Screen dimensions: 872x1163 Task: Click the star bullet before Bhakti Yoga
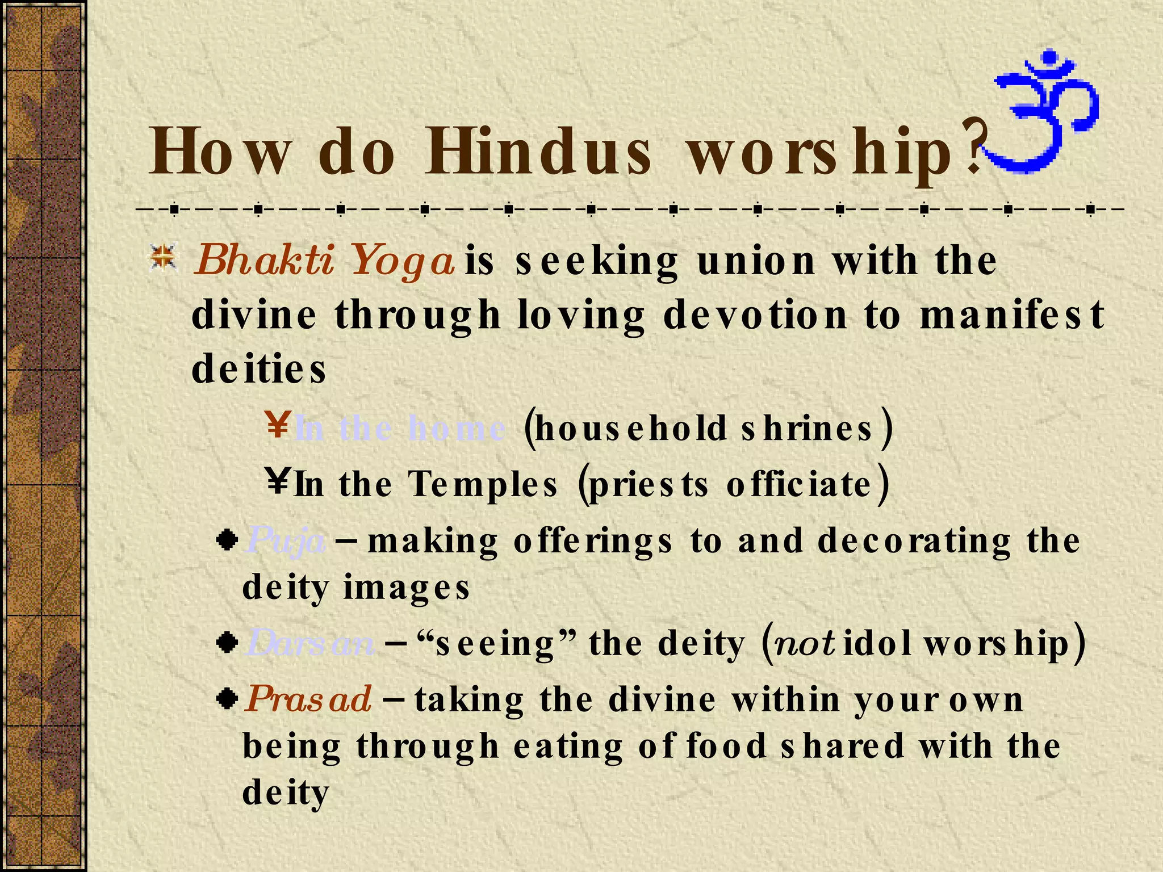(164, 258)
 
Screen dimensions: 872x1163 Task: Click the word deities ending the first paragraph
(259, 369)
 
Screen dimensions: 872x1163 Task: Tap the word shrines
(807, 428)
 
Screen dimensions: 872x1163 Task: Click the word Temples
(483, 484)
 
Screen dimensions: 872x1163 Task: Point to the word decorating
(914, 540)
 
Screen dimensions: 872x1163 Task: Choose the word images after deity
(407, 587)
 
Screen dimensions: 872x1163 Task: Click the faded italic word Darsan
(310, 644)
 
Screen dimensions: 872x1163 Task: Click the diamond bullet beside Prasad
(227, 698)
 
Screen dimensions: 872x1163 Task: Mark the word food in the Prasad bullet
(727, 746)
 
